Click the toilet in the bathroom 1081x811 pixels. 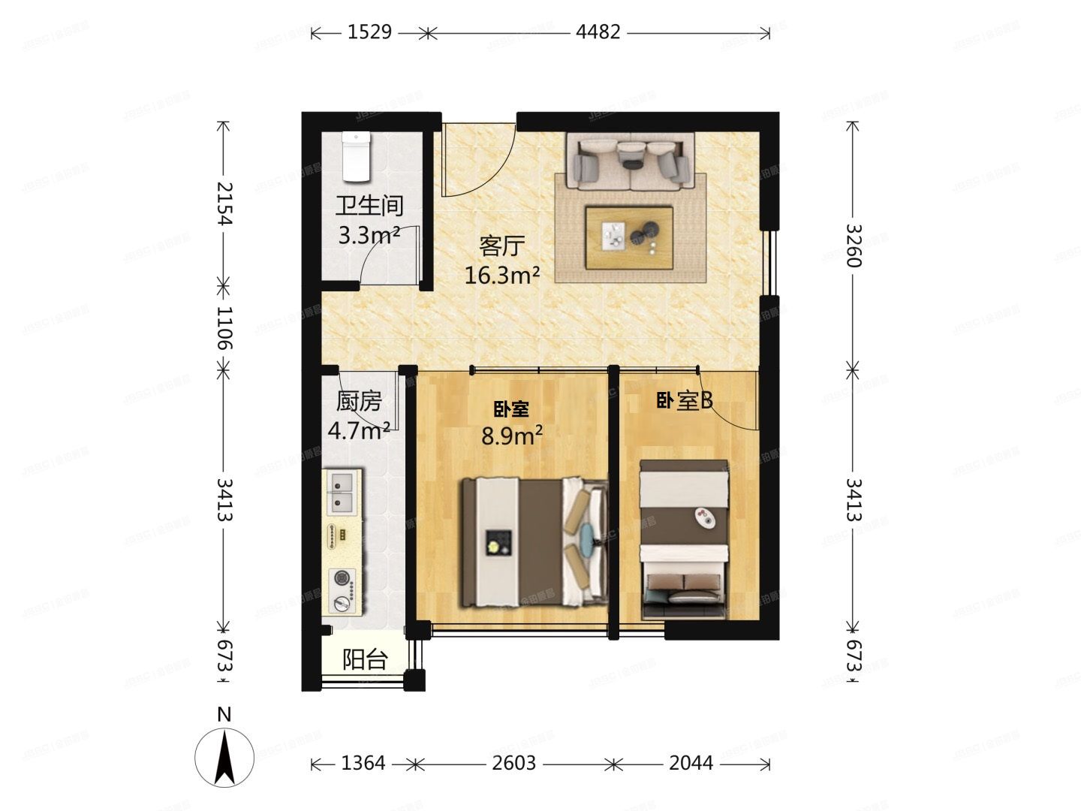(356, 157)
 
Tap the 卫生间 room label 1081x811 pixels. (369, 206)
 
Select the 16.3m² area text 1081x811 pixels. (501, 276)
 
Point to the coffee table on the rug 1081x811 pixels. (629, 237)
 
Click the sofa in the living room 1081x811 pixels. (631, 161)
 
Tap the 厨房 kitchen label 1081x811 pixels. (359, 402)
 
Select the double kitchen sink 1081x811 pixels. (343, 491)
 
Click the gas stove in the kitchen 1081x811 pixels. (343, 590)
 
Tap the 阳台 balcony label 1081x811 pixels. (365, 660)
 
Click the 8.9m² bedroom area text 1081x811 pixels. (512, 436)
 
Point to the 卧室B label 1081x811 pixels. (684, 402)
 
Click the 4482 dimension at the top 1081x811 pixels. (598, 32)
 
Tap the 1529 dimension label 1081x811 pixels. (369, 32)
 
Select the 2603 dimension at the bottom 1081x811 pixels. (513, 764)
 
